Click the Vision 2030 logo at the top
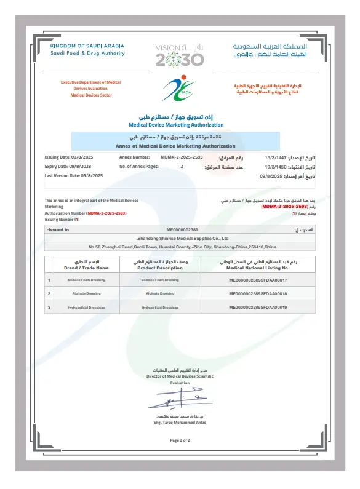click(179, 55)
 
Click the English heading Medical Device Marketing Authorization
click(180, 124)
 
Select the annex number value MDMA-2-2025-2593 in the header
click(182, 157)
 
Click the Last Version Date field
click(74, 176)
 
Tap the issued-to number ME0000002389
click(182, 229)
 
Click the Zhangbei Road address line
click(180, 247)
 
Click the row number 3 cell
click(49, 307)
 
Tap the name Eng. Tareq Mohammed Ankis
click(180, 423)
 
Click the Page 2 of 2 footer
click(180, 440)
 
